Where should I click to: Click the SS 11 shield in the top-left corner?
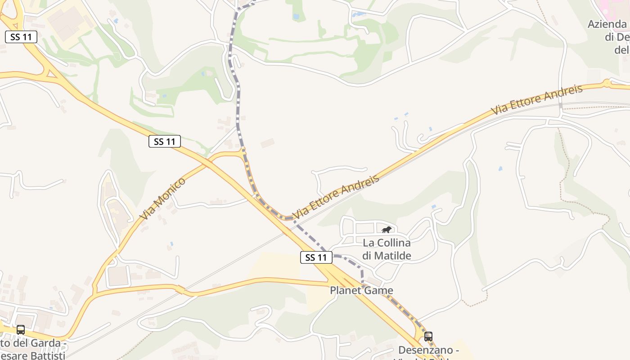pyautogui.click(x=21, y=37)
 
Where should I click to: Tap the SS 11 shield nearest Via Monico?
pyautogui.click(x=164, y=141)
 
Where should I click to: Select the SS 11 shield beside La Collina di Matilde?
pyautogui.click(x=316, y=257)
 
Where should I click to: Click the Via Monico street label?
pyautogui.click(x=162, y=198)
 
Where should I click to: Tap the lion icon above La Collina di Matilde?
pyautogui.click(x=386, y=230)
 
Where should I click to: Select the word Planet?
pyautogui.click(x=346, y=290)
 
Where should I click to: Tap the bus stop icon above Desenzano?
pyautogui.click(x=428, y=336)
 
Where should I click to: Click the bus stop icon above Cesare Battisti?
pyautogui.click(x=21, y=330)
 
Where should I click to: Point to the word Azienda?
pyautogui.click(x=607, y=24)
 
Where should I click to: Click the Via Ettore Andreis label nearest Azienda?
pyautogui.click(x=536, y=99)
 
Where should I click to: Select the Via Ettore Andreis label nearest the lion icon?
pyautogui.click(x=336, y=197)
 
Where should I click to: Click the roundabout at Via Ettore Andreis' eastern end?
pyautogui.click(x=607, y=83)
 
